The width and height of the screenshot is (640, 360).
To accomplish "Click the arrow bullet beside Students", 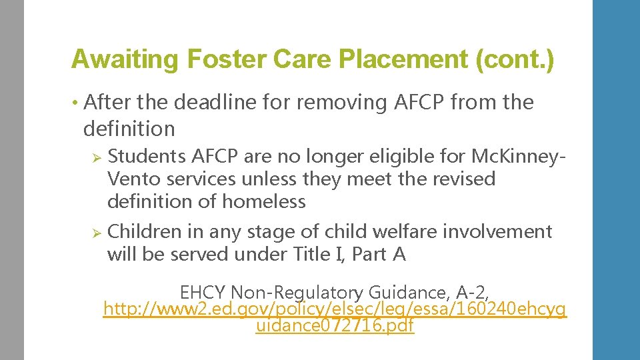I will pyautogui.click(x=95, y=157).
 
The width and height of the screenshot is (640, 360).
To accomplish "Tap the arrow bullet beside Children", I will pyautogui.click(x=95, y=232).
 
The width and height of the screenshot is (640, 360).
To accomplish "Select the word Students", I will pyautogui.click(x=147, y=156).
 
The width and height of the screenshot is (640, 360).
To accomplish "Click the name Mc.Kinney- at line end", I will pyautogui.click(x=519, y=156).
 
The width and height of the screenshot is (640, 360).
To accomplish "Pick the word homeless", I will pyautogui.click(x=264, y=201).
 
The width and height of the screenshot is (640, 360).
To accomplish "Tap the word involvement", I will pyautogui.click(x=507, y=231).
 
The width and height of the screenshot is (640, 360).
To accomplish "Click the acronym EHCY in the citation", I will pyautogui.click(x=203, y=293).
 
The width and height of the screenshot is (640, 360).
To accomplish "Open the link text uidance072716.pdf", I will pyautogui.click(x=335, y=327).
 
